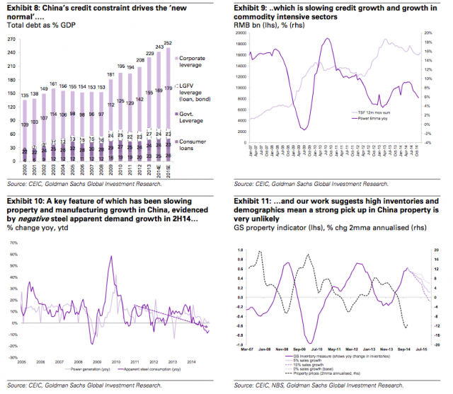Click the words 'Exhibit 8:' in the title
point(22,8)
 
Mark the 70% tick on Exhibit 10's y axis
point(13,242)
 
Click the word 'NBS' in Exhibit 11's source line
point(285,388)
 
